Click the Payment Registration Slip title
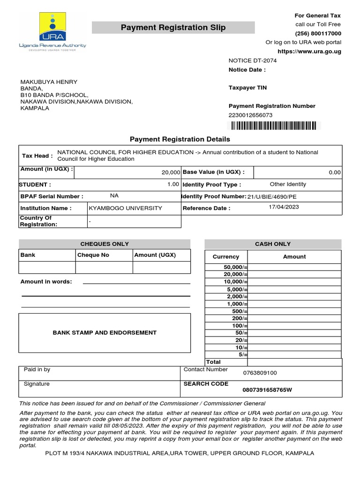coord(173,28)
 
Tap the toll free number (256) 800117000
coord(318,33)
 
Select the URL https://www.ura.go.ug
coord(309,51)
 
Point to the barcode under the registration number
coord(272,126)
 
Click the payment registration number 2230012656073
coord(250,115)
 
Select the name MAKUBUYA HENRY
coord(49,82)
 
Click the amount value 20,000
coord(171,172)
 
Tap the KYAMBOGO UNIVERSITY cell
coord(126,208)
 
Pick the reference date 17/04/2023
coord(284,207)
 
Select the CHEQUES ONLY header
coord(105,244)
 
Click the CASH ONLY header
coord(273,244)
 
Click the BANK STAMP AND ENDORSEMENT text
coord(105,333)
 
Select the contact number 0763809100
coord(260,373)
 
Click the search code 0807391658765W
coord(267,390)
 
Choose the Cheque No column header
coord(93,255)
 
